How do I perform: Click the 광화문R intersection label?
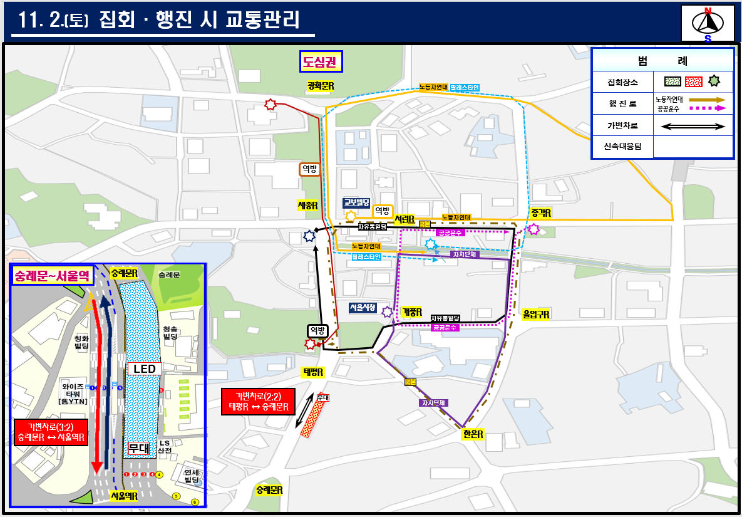click(x=320, y=85)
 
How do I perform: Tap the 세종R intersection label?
click(x=307, y=205)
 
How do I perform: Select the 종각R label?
click(x=540, y=213)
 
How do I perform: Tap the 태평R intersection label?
click(x=313, y=372)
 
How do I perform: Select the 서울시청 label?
click(x=363, y=308)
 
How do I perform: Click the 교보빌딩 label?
click(x=356, y=202)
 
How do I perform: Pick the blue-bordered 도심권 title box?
click(x=320, y=61)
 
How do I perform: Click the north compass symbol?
click(x=708, y=24)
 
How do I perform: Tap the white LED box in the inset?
click(x=144, y=369)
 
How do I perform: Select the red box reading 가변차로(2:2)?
click(x=257, y=402)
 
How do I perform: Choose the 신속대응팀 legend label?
click(x=622, y=147)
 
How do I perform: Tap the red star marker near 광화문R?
click(x=270, y=105)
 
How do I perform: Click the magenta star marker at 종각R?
click(x=533, y=229)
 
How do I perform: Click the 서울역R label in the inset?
click(x=124, y=495)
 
